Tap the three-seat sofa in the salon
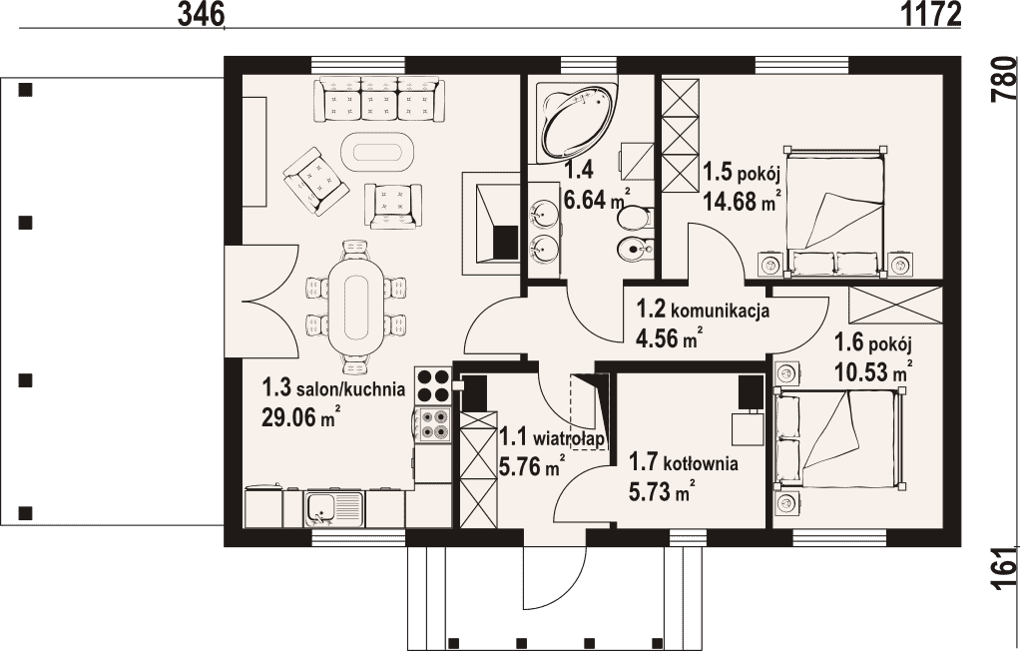coord(376,99)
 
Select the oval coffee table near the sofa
coord(377,152)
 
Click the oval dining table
coord(355,307)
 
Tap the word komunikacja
coord(721,311)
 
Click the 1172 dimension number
coord(931,13)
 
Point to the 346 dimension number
coord(201,13)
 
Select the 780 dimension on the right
coord(1004,80)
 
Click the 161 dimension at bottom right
coord(1004,569)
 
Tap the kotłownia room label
coord(701,464)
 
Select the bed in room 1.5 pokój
coord(836,212)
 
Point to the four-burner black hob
coord(433,385)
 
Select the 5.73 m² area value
coord(661,491)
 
